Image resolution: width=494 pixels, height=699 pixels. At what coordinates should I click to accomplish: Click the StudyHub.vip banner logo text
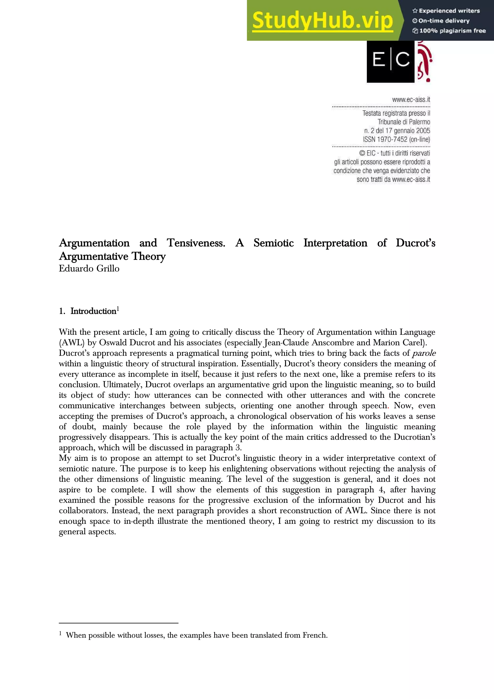[x=322, y=21]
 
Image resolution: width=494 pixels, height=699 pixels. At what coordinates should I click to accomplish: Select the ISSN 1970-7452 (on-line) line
[x=396, y=139]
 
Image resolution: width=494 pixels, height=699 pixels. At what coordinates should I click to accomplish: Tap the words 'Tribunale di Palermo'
[x=404, y=122]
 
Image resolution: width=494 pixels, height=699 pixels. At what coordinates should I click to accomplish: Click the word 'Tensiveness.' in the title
[x=196, y=243]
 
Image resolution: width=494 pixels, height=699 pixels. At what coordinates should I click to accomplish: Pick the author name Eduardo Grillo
[x=89, y=268]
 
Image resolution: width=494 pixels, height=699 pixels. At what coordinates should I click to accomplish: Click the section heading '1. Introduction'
[x=88, y=311]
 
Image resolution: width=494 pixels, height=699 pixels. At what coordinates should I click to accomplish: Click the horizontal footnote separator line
[x=118, y=623]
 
